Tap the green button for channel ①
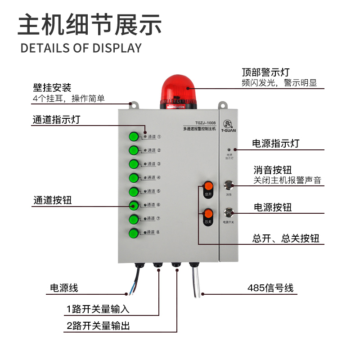(x=134, y=136)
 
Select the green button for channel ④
(x=134, y=178)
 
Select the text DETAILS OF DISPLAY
(x=81, y=48)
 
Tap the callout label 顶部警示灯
(x=265, y=72)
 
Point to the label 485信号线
(x=270, y=288)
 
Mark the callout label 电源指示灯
(x=275, y=144)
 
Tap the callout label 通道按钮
(x=52, y=201)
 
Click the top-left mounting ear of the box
(x=132, y=104)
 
